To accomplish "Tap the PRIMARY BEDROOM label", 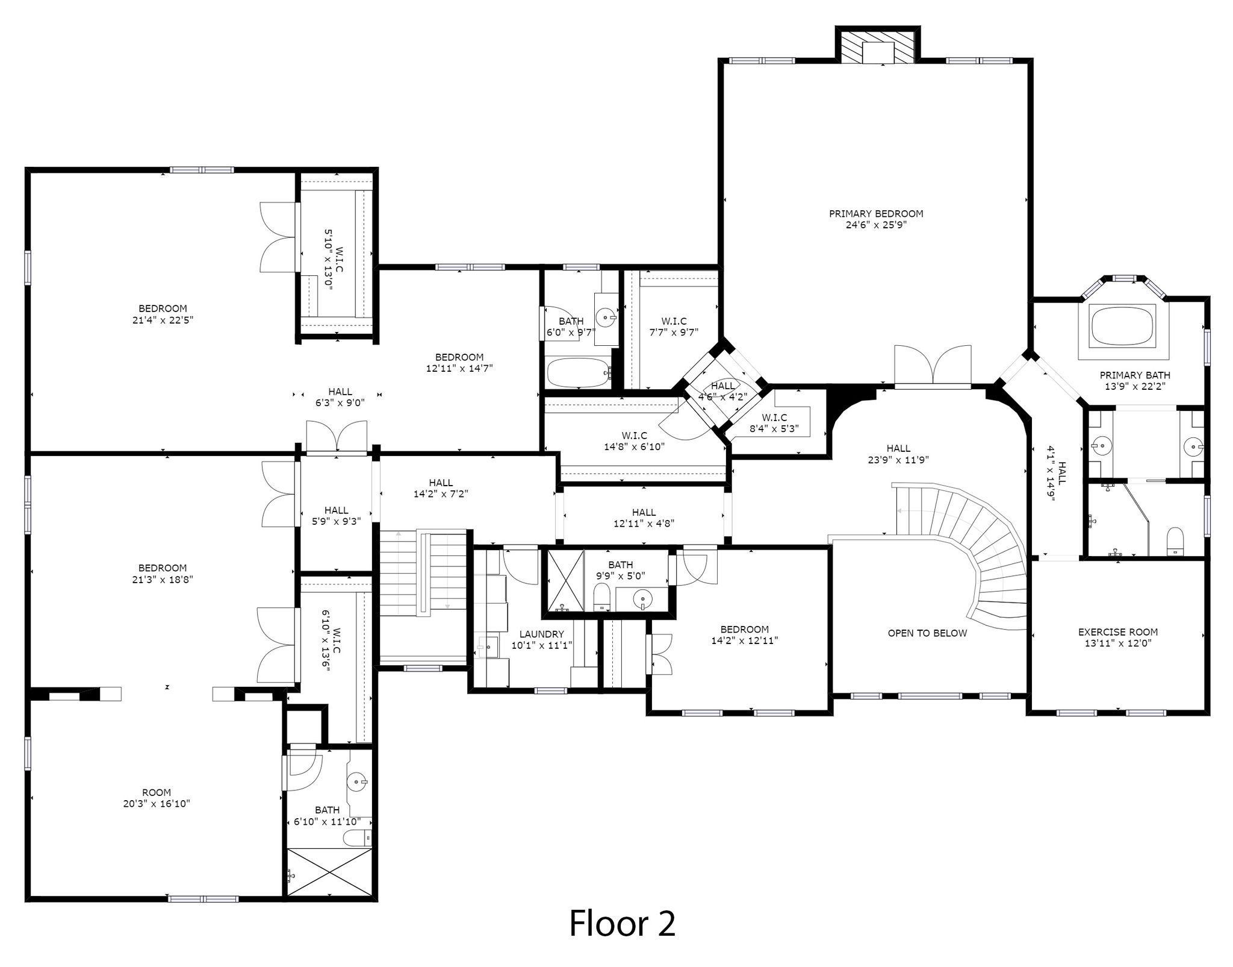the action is pyautogui.click(x=876, y=213).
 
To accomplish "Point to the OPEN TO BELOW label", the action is pyautogui.click(x=927, y=633).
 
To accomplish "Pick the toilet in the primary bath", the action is pyautogui.click(x=1175, y=540).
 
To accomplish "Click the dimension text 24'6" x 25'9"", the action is pyautogui.click(x=876, y=225).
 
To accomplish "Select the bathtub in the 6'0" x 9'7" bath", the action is pyautogui.click(x=578, y=372).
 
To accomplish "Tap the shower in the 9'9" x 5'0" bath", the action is pyautogui.click(x=564, y=582).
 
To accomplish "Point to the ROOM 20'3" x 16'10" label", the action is pyautogui.click(x=157, y=798).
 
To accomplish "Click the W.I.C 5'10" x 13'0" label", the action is pyautogui.click(x=334, y=268).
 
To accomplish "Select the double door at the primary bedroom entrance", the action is pyautogui.click(x=933, y=366).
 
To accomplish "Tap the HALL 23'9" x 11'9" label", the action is pyautogui.click(x=898, y=454).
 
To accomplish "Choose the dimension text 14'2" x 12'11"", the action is pyautogui.click(x=745, y=640).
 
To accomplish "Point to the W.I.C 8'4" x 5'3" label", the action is pyautogui.click(x=774, y=423).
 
